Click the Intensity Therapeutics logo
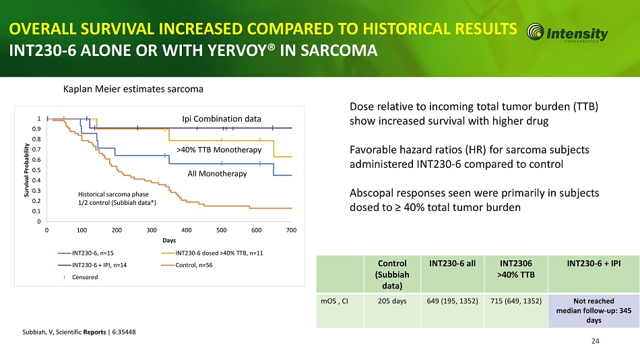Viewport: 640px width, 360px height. tap(567, 33)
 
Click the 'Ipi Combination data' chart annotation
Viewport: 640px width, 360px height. tap(222, 119)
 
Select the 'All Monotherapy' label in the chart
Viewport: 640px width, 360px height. tap(217, 174)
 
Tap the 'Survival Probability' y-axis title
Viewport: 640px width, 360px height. tap(27, 169)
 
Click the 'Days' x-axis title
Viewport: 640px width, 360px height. tap(168, 239)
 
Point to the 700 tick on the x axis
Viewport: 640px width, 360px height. tap(291, 230)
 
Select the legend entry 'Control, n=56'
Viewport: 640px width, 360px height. tap(200, 264)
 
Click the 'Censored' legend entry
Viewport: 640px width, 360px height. tap(86, 276)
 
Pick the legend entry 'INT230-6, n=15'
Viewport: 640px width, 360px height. tap(95, 253)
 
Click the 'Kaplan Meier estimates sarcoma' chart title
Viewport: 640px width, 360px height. tap(133, 89)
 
